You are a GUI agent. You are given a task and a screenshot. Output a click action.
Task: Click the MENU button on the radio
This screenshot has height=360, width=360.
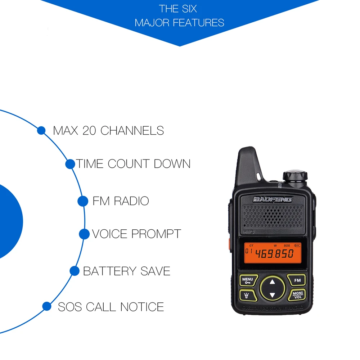tap(248, 280)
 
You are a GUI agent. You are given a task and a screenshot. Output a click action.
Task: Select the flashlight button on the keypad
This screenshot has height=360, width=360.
tap(248, 295)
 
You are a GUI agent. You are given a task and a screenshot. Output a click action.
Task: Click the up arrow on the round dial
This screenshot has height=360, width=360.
tap(272, 282)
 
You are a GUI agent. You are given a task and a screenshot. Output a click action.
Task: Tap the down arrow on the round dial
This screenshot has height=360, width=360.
tap(272, 295)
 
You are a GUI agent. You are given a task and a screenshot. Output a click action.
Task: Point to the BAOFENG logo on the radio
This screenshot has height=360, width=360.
tap(273, 199)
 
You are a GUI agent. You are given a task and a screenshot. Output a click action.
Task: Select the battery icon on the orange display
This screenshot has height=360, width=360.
tap(297, 246)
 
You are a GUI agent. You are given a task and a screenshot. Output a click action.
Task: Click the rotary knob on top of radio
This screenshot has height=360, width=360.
tap(295, 176)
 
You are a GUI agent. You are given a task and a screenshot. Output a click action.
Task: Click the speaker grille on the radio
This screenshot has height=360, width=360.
tap(273, 216)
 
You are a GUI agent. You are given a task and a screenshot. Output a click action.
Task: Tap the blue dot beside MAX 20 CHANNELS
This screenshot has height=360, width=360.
tap(41, 130)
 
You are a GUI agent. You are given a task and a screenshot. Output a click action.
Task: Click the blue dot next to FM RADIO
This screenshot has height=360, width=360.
tap(83, 201)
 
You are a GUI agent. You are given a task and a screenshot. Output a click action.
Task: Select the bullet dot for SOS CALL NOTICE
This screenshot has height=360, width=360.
tap(47, 306)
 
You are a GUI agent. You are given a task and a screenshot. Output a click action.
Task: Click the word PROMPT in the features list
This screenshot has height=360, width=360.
tap(156, 234)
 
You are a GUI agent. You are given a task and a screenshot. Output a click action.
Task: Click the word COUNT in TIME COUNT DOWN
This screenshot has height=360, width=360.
tap(129, 164)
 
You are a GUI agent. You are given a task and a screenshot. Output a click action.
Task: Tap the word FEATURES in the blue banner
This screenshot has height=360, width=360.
tap(198, 23)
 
